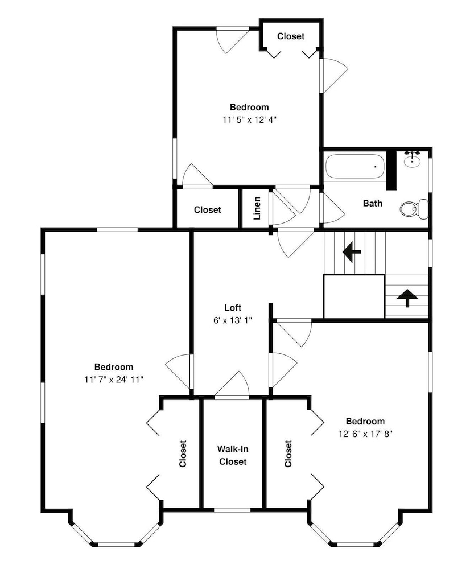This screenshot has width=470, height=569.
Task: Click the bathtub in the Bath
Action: coord(354,167)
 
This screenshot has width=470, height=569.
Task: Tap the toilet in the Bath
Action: coord(414,209)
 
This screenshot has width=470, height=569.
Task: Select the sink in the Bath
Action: coord(413,160)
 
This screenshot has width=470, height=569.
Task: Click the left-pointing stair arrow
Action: coord(351,251)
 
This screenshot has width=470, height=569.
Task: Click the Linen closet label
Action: coord(257,208)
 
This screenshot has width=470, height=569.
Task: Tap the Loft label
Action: coord(233,308)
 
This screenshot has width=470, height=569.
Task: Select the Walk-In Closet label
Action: coord(233,455)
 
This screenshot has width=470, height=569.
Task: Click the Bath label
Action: coord(373,203)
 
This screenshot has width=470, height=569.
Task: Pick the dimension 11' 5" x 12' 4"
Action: coord(250,119)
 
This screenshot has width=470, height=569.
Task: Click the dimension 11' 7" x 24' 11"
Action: coord(114,380)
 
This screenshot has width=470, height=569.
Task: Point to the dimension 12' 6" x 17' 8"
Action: coord(365,434)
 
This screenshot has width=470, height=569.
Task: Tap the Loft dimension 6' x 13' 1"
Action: coord(233,320)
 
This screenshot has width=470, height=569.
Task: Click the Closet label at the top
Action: coord(291,36)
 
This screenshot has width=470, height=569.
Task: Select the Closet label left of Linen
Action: coord(208,210)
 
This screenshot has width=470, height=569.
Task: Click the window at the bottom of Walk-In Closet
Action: coord(232,510)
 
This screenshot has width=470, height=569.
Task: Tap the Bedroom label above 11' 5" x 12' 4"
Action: coord(249,107)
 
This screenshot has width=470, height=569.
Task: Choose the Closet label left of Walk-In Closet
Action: coord(183,453)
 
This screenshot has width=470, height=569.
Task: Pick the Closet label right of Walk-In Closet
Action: coord(288,453)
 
